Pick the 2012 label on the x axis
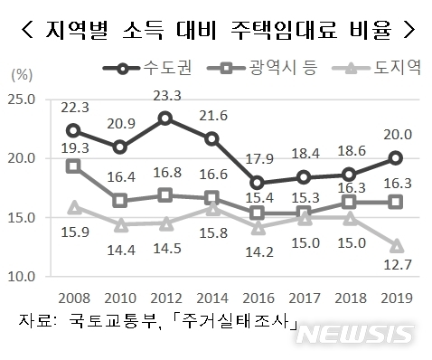pos(164,298)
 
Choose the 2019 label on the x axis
pos(396,298)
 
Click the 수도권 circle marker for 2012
pos(164,118)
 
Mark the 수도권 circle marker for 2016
pos(257,183)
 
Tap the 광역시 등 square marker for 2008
pos(72,166)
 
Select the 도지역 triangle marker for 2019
pos(396,244)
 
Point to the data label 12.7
pos(396,265)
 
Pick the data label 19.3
pos(74,147)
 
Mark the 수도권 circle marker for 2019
pos(396,158)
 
